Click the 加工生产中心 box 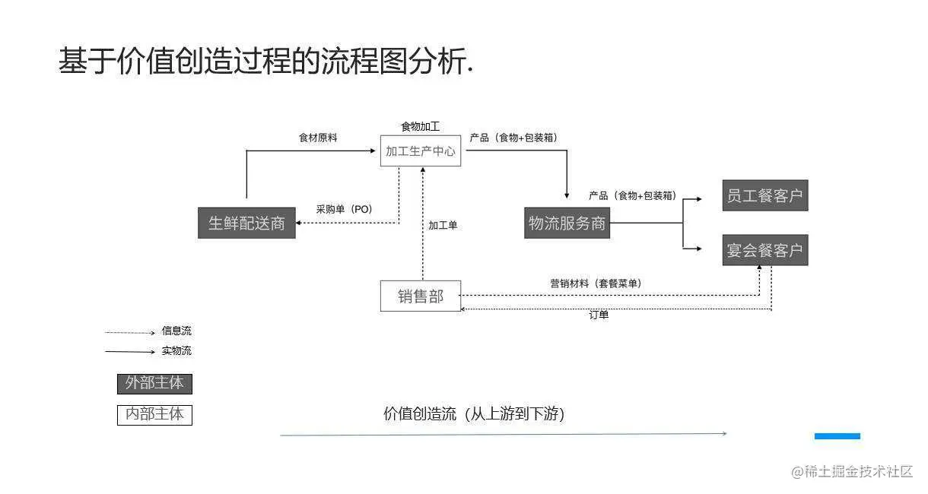(x=421, y=151)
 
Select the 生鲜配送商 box (x=246, y=223)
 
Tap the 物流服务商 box (x=567, y=223)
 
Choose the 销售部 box (x=421, y=296)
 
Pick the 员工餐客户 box (x=764, y=195)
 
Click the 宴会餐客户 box (x=764, y=250)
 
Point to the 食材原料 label (x=318, y=138)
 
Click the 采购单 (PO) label (x=345, y=209)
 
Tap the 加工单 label (x=443, y=225)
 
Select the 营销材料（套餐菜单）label (x=596, y=283)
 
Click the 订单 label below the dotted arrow (x=599, y=315)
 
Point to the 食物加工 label (x=420, y=126)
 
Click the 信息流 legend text (x=176, y=331)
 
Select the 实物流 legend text (x=176, y=351)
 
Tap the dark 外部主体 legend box (x=154, y=383)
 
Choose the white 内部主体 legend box (x=154, y=415)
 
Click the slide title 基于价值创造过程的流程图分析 (x=266, y=62)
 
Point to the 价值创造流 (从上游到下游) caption (x=474, y=414)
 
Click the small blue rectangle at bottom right (x=837, y=436)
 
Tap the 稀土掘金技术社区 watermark (x=852, y=472)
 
